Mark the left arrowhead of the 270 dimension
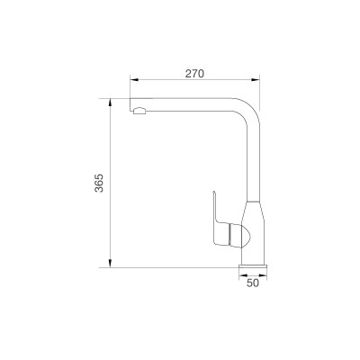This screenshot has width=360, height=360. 132,81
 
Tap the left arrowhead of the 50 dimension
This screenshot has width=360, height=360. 240,274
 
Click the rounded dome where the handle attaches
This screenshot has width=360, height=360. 236,236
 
